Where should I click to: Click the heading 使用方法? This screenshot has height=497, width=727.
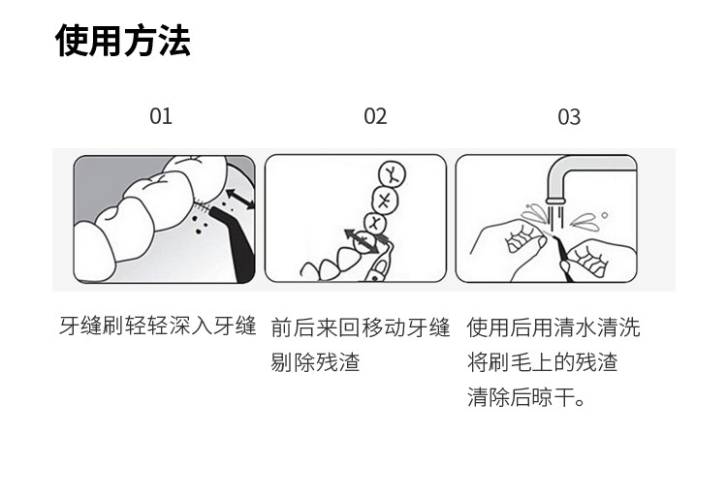[x=123, y=41]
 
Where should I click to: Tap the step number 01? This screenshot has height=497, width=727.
[x=161, y=116]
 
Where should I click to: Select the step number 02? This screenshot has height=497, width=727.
[x=375, y=116]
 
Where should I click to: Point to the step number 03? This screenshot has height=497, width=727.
[x=569, y=117]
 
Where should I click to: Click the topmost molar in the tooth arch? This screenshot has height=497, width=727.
[x=392, y=174]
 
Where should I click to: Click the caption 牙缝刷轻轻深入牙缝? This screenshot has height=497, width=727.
[x=158, y=326]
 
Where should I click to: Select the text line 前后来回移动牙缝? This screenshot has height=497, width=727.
[x=361, y=326]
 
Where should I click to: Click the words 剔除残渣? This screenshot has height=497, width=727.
[x=315, y=363]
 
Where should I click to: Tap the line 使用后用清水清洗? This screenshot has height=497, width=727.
[x=553, y=326]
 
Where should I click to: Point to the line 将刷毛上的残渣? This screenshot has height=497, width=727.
[x=542, y=363]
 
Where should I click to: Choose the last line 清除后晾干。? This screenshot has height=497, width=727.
[x=527, y=398]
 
